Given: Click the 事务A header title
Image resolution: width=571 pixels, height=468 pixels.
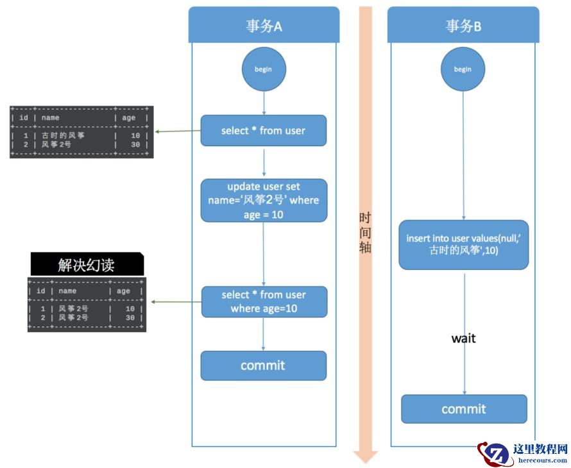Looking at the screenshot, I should [264, 26].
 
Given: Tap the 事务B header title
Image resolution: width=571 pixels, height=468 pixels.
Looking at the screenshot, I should [463, 26].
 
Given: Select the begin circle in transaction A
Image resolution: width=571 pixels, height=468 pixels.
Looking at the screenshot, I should [264, 69].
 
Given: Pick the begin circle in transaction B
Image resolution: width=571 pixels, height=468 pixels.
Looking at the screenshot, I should [463, 69].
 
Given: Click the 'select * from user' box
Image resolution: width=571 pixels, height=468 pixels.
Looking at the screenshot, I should [264, 131].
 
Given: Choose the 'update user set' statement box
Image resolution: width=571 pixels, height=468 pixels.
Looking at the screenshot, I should [264, 200].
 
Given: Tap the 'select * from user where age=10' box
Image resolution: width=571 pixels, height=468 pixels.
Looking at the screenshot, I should [264, 301].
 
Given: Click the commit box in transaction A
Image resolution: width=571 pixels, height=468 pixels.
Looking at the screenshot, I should [263, 365].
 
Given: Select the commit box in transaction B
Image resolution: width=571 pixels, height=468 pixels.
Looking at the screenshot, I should [464, 409].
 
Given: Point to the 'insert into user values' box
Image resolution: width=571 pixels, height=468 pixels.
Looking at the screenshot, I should [464, 244].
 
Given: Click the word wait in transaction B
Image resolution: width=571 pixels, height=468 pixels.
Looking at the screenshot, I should [463, 338].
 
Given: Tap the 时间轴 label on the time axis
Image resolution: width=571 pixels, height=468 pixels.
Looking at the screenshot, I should [365, 233].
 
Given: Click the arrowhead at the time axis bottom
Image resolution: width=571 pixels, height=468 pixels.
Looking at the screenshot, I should [366, 456].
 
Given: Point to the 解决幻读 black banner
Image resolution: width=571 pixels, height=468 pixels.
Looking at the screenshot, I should [87, 265].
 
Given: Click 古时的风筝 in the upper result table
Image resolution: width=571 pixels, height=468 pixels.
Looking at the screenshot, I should [64, 136].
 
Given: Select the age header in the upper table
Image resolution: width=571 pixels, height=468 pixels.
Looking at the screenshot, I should [128, 118].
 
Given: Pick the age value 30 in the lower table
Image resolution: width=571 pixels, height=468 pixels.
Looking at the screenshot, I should [130, 318].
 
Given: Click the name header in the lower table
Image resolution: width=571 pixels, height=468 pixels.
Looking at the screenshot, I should [67, 291].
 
